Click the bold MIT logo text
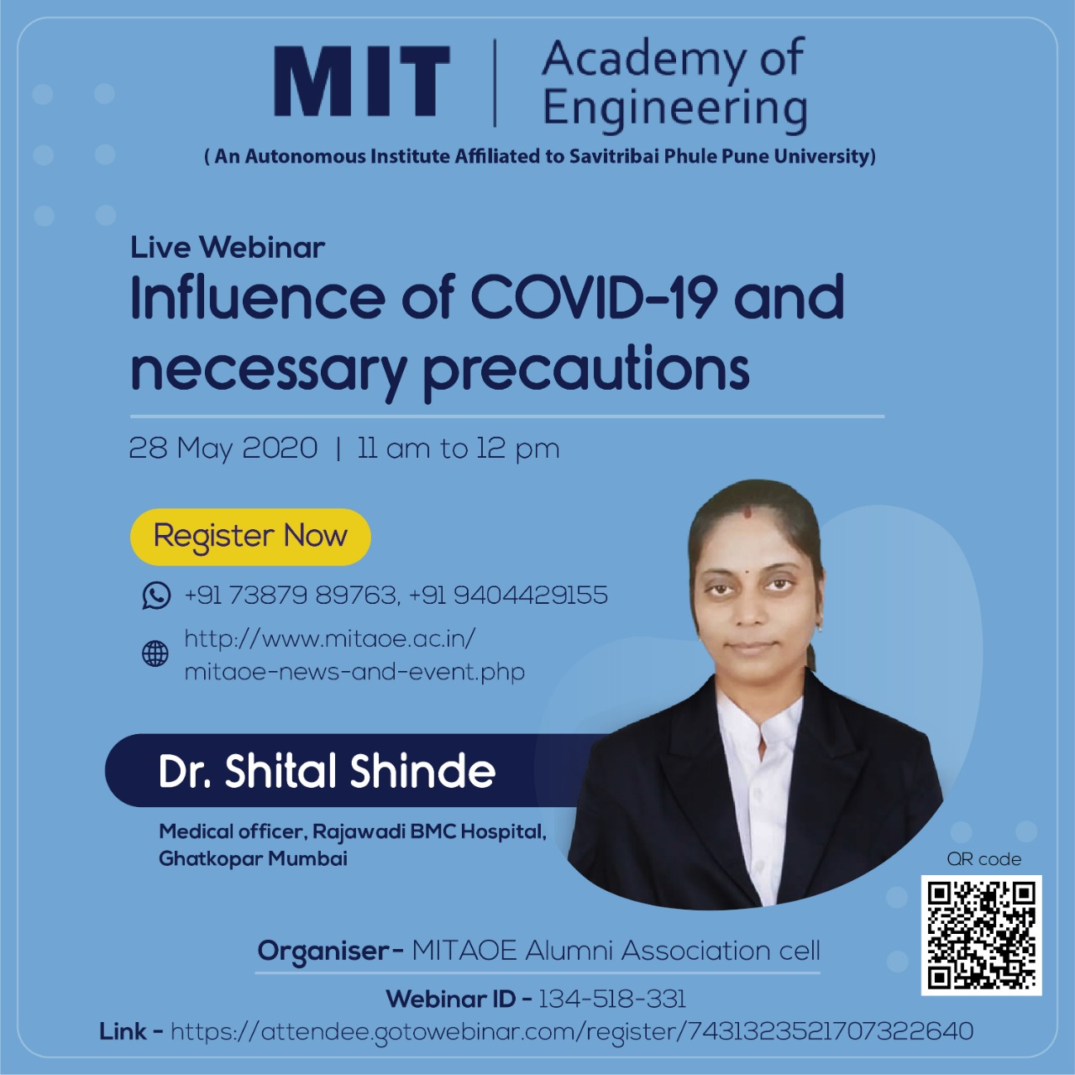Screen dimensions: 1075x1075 click(x=361, y=81)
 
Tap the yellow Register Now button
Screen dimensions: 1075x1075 click(x=250, y=537)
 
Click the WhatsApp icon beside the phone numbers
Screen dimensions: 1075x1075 click(x=156, y=595)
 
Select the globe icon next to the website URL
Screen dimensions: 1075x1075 click(x=155, y=653)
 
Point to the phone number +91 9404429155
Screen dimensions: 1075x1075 click(x=508, y=595)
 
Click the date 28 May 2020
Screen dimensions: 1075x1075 click(x=223, y=448)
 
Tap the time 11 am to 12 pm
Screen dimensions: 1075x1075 click(x=458, y=448)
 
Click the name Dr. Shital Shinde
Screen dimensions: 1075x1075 click(x=327, y=771)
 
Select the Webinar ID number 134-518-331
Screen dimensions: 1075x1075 click(x=612, y=999)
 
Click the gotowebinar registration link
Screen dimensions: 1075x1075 click(x=572, y=1031)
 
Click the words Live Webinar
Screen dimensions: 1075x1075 click(x=228, y=248)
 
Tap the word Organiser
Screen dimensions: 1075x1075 click(x=323, y=952)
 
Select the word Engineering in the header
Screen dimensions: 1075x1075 click(x=675, y=110)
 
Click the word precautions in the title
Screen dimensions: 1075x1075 click(x=586, y=371)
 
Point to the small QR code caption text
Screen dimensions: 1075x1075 click(x=984, y=859)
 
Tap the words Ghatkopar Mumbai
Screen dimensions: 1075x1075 click(x=254, y=858)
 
